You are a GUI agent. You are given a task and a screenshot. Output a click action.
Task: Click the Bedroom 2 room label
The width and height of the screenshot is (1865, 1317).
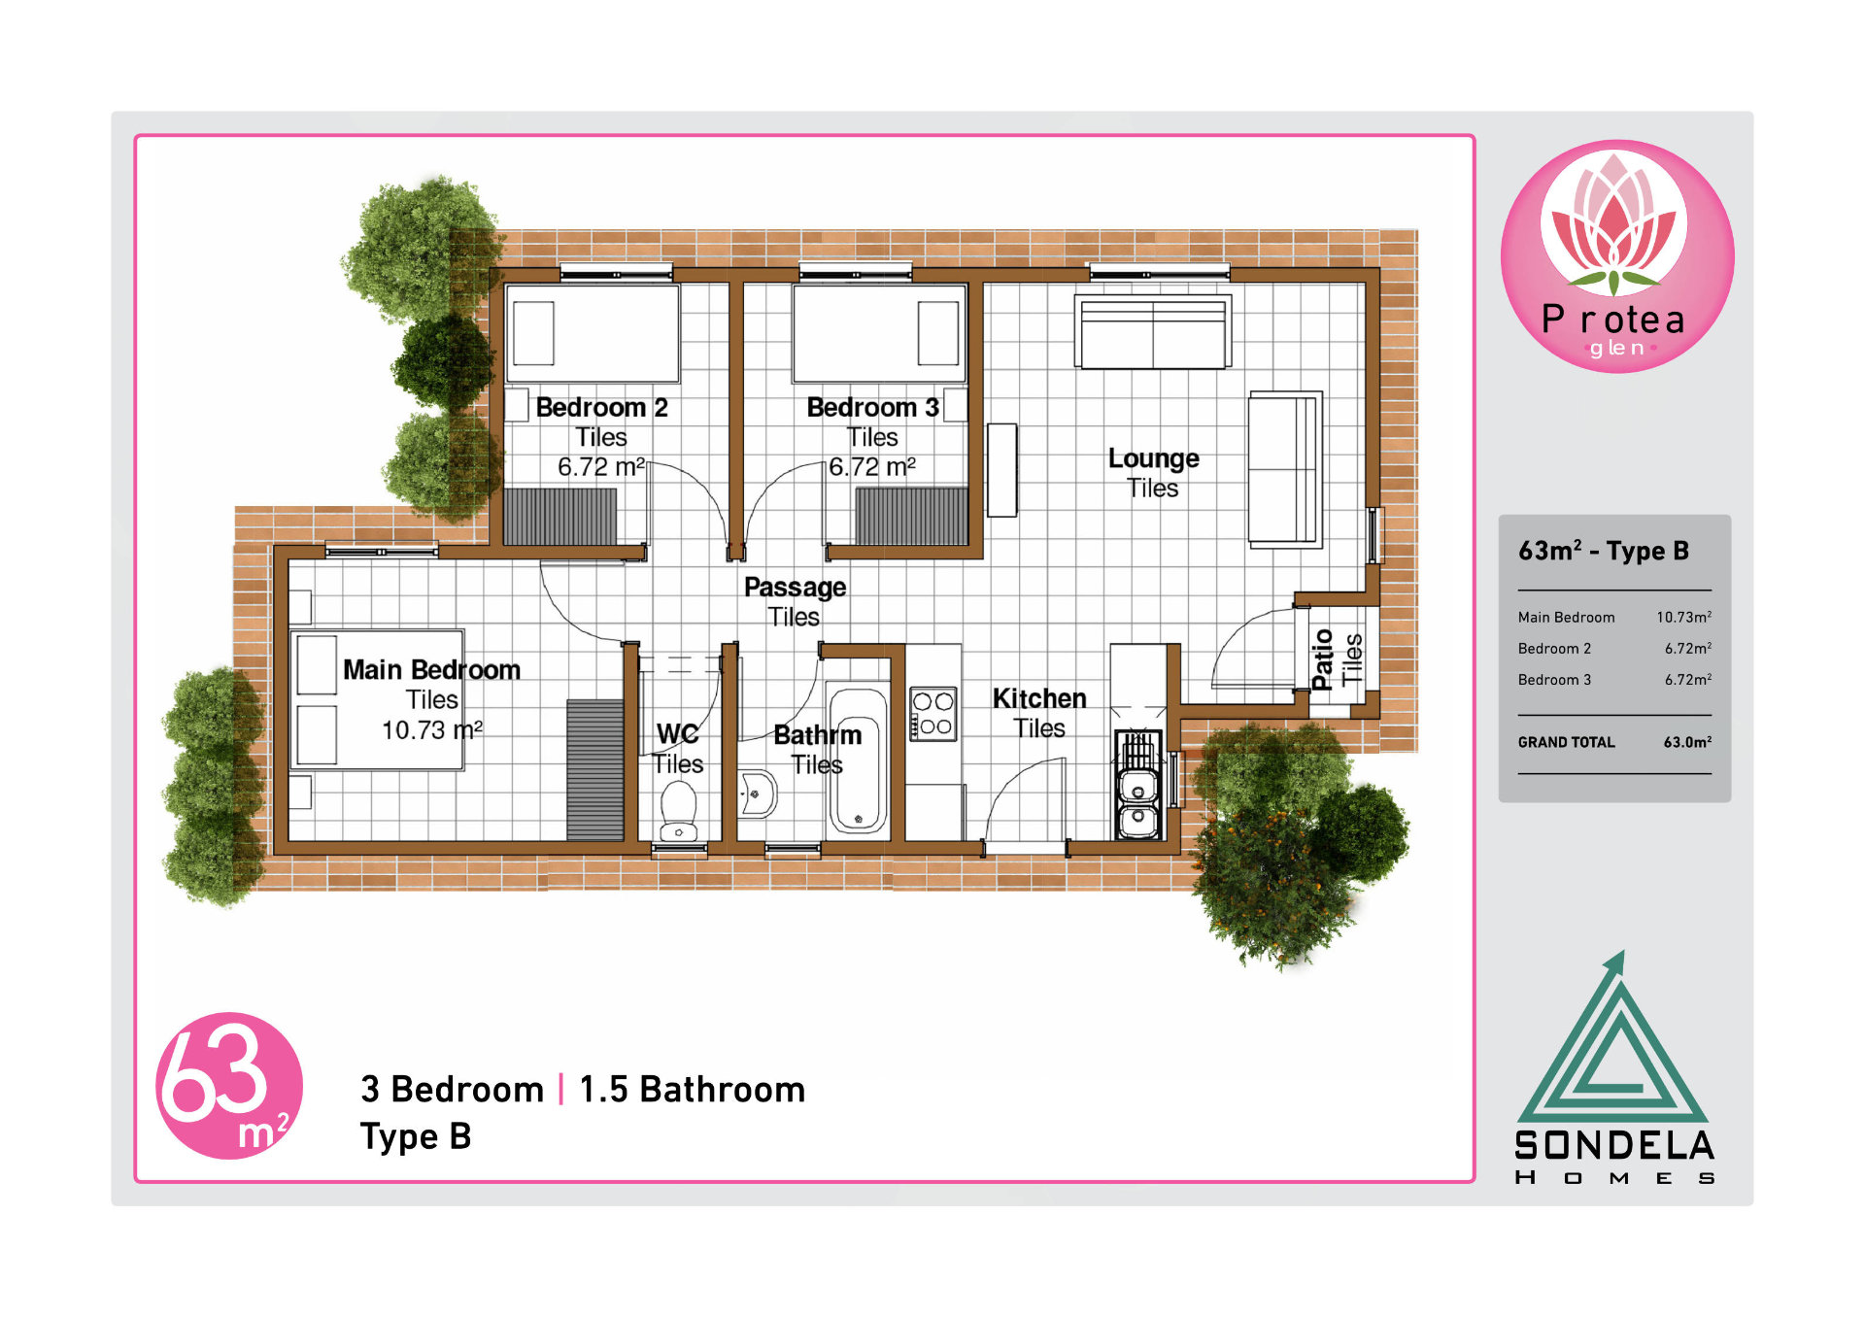pos(601,407)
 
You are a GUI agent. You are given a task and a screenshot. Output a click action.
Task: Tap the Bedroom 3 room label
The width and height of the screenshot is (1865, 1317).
pos(872,407)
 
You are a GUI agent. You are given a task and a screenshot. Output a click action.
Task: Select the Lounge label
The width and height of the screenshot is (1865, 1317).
pos(1153,457)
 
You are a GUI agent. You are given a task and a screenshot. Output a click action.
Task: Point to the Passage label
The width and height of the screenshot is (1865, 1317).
pos(795,587)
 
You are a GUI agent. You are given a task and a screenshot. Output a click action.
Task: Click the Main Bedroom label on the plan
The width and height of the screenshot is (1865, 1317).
pos(431,669)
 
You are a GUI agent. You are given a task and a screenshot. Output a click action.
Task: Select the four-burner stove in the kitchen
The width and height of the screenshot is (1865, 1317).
pos(932,714)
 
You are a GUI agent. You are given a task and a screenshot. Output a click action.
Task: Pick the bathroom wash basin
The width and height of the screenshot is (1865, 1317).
pos(757,794)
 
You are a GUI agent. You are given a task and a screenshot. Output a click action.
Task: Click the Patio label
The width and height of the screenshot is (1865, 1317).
pos(1321,659)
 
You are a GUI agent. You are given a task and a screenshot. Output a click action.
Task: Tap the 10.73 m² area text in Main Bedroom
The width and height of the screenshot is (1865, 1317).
pos(431,729)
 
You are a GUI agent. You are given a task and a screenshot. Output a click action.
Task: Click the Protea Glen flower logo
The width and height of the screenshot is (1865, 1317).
pos(1616,256)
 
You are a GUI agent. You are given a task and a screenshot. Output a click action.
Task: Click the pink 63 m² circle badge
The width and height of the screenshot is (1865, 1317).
pos(229,1085)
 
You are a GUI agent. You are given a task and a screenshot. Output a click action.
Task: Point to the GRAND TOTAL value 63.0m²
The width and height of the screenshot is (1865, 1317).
pos(1687,742)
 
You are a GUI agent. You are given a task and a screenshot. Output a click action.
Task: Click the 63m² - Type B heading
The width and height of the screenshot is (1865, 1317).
pos(1604,551)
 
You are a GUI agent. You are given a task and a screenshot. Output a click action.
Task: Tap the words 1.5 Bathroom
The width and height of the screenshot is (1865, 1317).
pos(692,1090)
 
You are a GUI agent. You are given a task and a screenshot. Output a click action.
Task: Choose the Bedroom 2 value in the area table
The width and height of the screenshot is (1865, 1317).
pos(1687,648)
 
